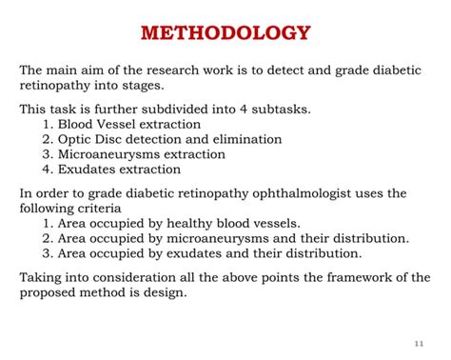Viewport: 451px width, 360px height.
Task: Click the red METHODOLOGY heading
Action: (x=225, y=34)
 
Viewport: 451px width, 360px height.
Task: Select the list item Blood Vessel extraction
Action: (x=129, y=124)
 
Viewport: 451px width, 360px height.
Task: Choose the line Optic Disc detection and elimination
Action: (x=151, y=139)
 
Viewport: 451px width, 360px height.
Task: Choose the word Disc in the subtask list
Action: (x=110, y=139)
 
